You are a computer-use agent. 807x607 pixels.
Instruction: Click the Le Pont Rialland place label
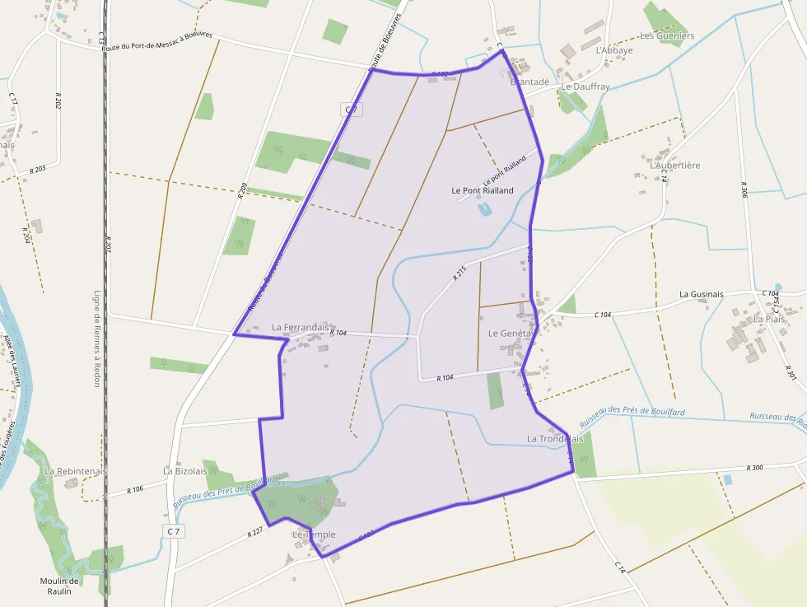click(483, 190)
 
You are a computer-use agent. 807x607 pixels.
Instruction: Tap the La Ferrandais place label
click(300, 327)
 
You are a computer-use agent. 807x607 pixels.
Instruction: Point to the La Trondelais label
click(555, 439)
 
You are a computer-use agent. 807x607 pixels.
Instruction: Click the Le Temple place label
click(314, 535)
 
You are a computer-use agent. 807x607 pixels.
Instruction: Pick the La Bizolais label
click(185, 471)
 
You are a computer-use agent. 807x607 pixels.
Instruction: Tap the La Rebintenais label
click(72, 471)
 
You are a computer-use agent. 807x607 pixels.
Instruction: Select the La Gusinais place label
click(702, 294)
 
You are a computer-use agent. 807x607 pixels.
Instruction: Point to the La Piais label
click(770, 319)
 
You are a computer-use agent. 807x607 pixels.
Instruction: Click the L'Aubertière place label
click(675, 166)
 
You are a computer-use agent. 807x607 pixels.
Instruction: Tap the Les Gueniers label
click(667, 36)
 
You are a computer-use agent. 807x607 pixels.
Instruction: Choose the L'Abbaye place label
click(613, 50)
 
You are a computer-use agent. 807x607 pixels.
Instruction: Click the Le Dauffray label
click(585, 86)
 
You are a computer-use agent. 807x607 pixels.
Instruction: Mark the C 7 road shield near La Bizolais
click(173, 531)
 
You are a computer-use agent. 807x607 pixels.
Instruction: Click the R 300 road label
click(754, 467)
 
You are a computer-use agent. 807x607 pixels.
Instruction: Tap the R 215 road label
click(459, 273)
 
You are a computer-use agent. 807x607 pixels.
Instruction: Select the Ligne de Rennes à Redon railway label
click(96, 339)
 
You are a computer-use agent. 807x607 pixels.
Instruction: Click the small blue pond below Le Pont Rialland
click(484, 210)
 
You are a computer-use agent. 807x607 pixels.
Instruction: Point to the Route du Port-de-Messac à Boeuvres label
click(157, 42)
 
